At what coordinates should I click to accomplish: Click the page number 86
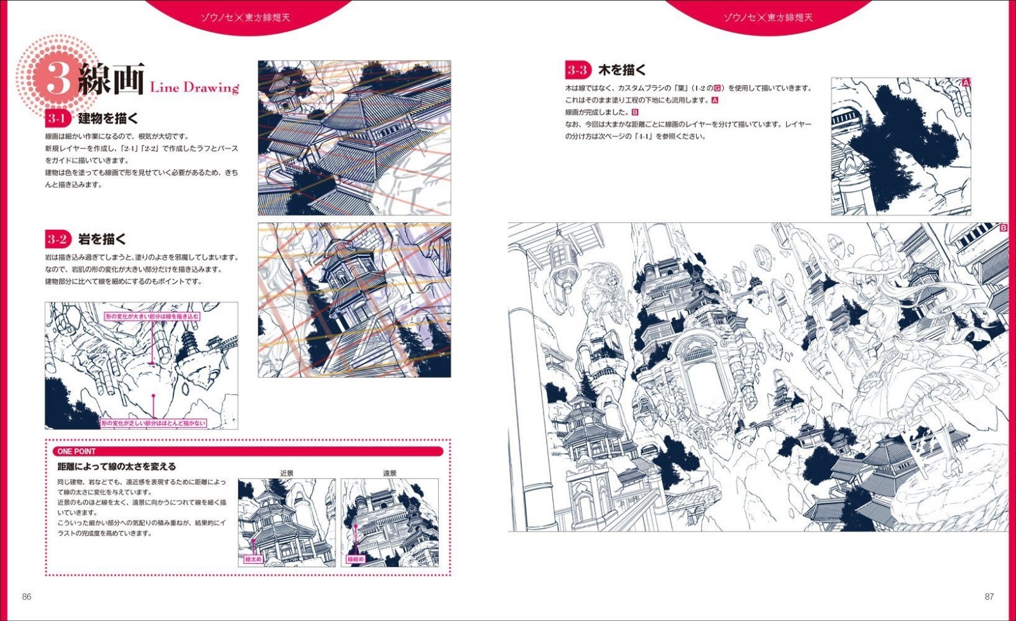[27, 596]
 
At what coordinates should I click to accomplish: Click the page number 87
[989, 596]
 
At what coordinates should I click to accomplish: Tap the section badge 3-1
[57, 118]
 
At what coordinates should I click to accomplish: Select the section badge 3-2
[57, 239]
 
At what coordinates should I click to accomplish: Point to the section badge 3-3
[577, 70]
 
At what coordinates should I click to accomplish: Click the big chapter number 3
[57, 80]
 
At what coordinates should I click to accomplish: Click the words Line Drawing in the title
[194, 88]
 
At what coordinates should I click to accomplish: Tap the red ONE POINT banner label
[77, 451]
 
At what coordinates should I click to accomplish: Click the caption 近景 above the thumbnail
[287, 473]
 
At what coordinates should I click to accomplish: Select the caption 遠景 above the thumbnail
[389, 473]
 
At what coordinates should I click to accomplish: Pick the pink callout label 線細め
[356, 559]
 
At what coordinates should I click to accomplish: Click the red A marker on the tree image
[966, 83]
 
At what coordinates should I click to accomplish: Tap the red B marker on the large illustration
[1004, 227]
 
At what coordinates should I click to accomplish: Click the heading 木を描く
[622, 70]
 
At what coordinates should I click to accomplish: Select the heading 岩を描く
[102, 239]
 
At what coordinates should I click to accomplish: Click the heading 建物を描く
[108, 118]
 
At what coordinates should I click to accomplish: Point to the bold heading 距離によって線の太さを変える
[117, 467]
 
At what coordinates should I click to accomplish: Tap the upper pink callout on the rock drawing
[152, 316]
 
